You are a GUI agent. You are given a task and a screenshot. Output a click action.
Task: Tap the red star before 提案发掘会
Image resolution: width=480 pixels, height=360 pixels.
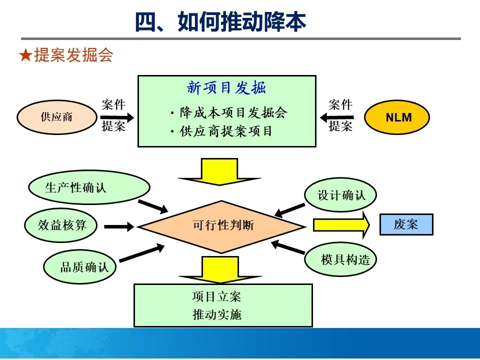point(25,55)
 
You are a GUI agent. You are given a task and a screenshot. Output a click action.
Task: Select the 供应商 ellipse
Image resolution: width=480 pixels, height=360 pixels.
point(56,117)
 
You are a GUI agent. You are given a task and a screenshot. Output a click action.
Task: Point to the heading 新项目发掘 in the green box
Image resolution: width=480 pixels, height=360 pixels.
point(226,88)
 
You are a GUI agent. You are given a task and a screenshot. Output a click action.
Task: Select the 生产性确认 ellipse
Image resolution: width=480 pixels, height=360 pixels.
point(75,188)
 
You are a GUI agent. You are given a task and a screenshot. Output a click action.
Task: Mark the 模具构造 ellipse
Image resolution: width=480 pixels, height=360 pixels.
point(340,259)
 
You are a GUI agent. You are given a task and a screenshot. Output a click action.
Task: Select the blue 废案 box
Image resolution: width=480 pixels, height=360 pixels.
point(406,224)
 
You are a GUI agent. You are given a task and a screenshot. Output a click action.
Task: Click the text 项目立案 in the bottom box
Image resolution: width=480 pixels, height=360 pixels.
point(216,296)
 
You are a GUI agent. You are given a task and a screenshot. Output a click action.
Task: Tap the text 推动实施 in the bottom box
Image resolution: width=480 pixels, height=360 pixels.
point(216,314)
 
